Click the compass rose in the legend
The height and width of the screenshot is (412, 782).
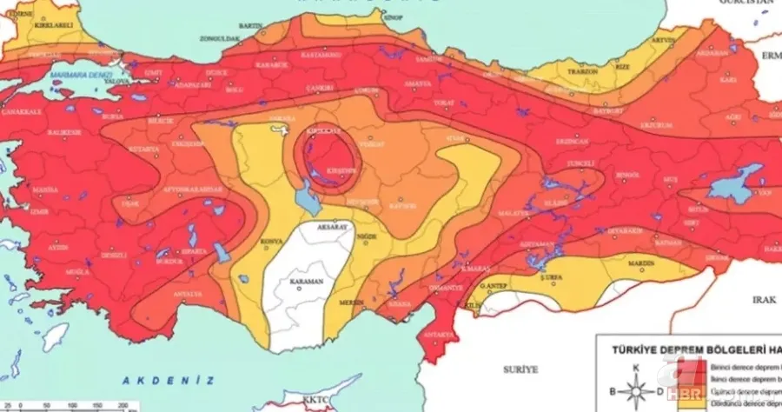tap(636, 391)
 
